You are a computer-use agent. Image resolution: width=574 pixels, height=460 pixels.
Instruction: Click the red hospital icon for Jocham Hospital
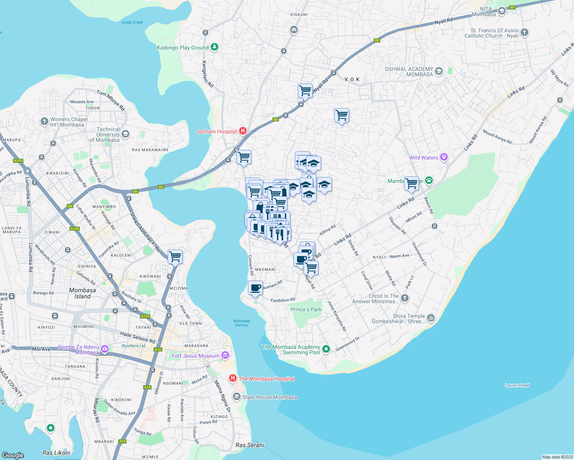[242, 131]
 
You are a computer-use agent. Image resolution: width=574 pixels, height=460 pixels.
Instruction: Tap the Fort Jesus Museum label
[196, 356]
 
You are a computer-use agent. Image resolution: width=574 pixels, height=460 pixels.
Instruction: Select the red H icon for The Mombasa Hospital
[233, 378]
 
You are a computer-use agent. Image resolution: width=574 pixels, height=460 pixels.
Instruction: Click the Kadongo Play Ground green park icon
[214, 47]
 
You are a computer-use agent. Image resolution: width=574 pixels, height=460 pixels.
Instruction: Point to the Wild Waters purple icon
[444, 157]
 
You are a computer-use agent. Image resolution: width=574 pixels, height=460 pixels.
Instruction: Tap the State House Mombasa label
[269, 397]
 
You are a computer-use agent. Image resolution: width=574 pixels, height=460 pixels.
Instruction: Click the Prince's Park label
[306, 309]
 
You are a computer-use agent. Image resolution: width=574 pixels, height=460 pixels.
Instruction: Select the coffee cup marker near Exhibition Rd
[255, 287]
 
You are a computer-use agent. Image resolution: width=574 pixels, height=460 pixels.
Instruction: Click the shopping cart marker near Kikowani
[175, 256]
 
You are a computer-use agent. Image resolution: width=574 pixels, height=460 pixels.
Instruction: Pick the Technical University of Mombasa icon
[125, 134]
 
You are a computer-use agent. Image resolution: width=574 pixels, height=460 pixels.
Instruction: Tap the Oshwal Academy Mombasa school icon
[439, 71]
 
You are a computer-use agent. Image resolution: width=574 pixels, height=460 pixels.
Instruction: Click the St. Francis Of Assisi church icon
[525, 33]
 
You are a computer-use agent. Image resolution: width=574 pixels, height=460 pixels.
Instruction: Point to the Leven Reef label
[517, 385]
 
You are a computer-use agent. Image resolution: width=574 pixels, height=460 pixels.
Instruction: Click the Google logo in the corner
[13, 455]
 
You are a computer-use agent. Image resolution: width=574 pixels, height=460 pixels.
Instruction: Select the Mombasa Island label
[82, 293]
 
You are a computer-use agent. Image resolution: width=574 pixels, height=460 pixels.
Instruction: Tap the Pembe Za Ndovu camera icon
[105, 349]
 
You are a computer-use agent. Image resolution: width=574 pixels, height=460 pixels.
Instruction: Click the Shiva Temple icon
[431, 318]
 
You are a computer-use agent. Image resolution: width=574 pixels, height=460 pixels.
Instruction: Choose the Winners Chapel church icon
[44, 122]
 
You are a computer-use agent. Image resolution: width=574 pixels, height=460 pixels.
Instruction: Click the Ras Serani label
[250, 445]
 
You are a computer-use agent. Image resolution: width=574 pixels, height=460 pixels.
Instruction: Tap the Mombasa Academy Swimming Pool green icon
[326, 349]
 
